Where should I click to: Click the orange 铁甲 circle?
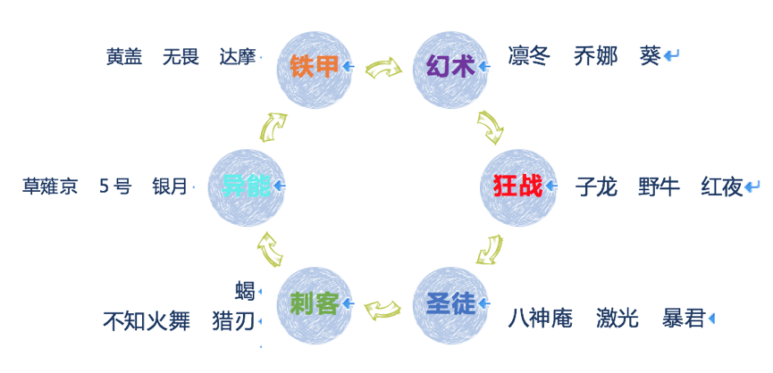point(314,70)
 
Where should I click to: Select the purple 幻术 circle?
point(450,70)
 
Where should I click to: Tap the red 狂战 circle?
point(518,187)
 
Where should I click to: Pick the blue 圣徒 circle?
point(450,305)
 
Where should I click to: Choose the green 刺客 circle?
point(314,305)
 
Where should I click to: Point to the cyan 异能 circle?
point(246,187)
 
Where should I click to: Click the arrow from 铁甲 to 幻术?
point(383,68)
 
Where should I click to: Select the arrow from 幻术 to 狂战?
point(491,128)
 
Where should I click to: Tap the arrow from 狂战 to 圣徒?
point(490,250)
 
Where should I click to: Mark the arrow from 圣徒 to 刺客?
point(382,309)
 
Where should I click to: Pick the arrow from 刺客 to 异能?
point(270,249)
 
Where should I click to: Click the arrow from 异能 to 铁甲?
point(273,128)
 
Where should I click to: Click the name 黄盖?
point(124,57)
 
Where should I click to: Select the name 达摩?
point(238,57)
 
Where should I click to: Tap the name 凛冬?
point(529,56)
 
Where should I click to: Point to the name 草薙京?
point(50,187)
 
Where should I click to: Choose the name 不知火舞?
point(147,321)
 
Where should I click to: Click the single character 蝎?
point(245,292)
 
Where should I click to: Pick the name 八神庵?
point(541,319)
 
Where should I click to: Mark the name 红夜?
point(722,187)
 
